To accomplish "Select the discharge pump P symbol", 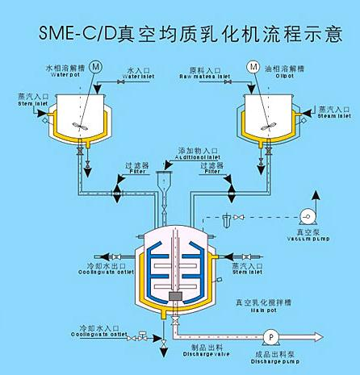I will tap(272, 332).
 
